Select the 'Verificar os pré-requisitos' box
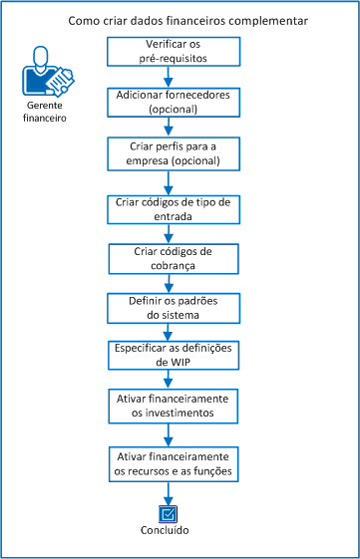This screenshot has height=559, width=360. [174, 52]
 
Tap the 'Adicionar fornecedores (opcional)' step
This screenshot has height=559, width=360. [174, 101]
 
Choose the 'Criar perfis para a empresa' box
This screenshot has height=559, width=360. [174, 154]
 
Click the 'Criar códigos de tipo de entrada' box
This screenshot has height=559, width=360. [174, 208]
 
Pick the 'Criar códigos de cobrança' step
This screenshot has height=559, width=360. [174, 258]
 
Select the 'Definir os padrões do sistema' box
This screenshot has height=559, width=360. [174, 307]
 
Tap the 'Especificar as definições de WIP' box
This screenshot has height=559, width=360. [174, 357]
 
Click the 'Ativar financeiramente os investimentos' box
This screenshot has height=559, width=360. [174, 407]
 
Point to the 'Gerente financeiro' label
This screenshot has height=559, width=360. [44, 111]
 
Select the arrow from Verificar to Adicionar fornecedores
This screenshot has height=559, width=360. [174, 76]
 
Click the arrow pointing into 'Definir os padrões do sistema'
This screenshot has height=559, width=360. [174, 283]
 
